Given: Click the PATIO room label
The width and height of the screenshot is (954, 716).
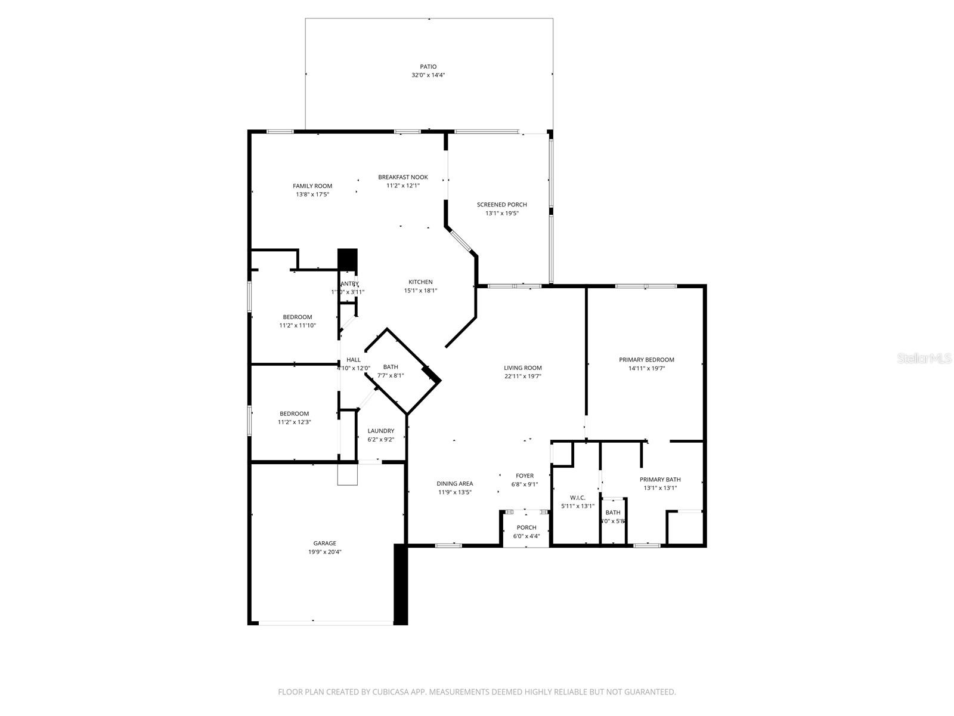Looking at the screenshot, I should point(428,67).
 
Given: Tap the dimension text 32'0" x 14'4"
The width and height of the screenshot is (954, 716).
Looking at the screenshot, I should point(428,75).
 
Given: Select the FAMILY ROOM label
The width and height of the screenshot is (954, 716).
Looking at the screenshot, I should point(312,186).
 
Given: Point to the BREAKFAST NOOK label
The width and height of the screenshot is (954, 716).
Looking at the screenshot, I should point(403,177).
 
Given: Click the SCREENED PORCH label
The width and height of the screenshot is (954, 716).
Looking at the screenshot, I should point(501,205).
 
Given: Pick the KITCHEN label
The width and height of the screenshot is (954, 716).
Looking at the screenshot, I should point(420,282).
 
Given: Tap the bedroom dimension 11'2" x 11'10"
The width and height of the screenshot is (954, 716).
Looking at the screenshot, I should point(297,326).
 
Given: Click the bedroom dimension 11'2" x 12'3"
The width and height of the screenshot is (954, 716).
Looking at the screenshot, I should point(295,422).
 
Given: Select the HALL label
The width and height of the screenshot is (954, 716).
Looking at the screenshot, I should point(354,360).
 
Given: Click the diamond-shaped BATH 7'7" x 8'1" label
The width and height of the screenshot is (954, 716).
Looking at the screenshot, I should point(391,367).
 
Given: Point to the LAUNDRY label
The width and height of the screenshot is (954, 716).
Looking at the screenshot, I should point(380,431).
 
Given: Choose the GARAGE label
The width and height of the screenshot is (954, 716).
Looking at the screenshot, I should point(325,544).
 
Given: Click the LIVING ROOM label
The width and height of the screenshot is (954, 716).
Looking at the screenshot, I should point(522,368).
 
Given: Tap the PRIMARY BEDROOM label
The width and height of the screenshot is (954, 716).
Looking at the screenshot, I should point(646,360).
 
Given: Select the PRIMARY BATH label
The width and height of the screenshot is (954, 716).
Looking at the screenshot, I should point(660,480).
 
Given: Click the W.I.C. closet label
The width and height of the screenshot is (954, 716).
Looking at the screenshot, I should point(577,498).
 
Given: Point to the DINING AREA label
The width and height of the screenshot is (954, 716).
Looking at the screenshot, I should point(455,484).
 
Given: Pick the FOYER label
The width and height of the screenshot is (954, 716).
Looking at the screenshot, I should point(525,476).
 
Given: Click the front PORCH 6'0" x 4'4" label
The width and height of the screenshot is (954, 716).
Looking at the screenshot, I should point(526,527).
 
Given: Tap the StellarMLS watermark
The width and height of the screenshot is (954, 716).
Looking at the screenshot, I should point(925,359).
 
